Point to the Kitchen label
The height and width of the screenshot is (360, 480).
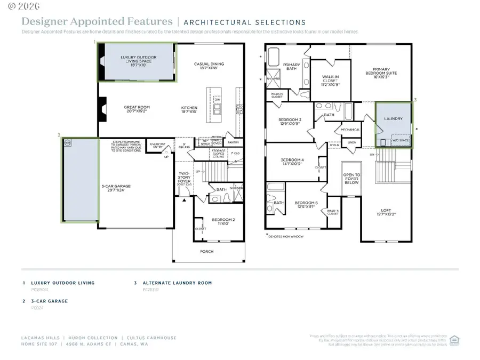tap(189, 110)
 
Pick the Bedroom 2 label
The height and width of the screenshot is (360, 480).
tap(221, 221)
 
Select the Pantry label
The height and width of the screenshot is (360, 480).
tap(233, 142)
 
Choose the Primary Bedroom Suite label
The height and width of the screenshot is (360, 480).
tap(381, 71)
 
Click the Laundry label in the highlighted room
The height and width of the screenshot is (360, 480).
tap(394, 118)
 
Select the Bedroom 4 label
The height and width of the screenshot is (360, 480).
tap(292, 162)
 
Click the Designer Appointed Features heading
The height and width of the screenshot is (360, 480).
tap(97, 22)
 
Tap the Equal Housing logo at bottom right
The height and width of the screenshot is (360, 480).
tap(454, 340)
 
